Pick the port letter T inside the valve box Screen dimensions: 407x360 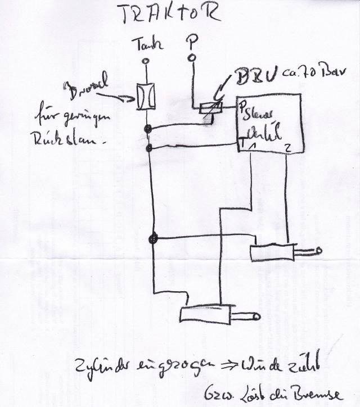point(241,142)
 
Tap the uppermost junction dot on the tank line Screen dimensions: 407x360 point(147,130)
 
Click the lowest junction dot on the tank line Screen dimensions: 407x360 point(151,239)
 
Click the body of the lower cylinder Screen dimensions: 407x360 point(205,314)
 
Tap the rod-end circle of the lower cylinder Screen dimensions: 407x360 point(256,318)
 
